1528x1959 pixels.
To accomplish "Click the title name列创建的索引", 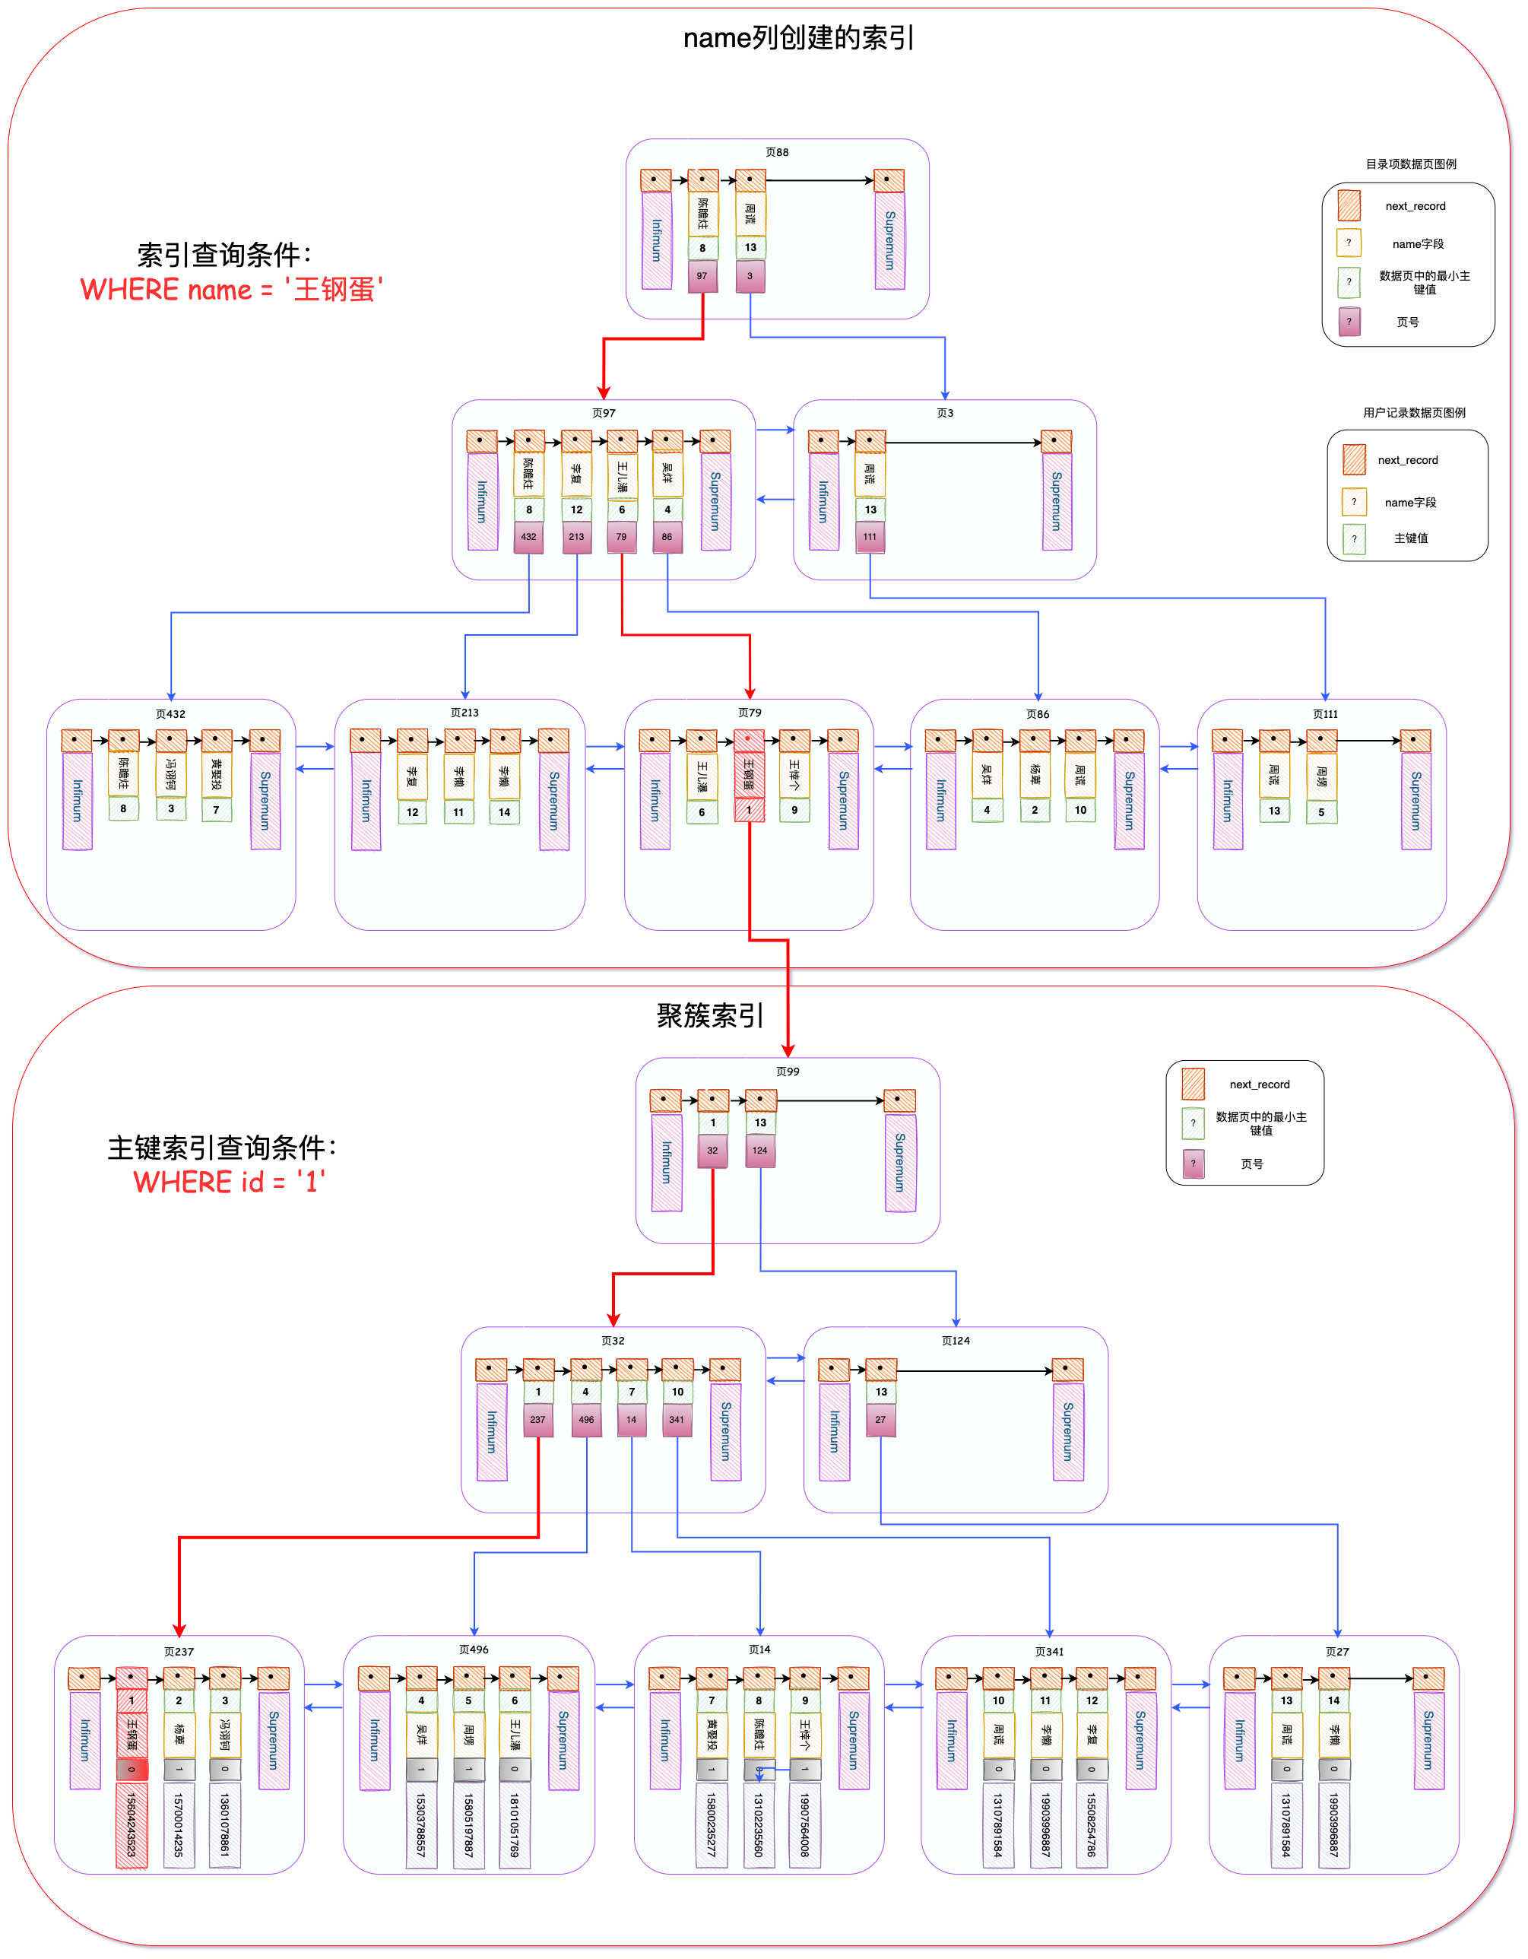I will click(x=798, y=38).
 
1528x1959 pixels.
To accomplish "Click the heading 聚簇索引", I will click(x=709, y=1015).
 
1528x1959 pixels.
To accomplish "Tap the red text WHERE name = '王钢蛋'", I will click(x=231, y=290).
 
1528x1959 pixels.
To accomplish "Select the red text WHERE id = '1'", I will click(x=229, y=1181).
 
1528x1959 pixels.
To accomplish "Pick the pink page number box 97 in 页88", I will click(x=702, y=276).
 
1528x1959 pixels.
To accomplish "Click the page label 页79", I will click(x=750, y=713).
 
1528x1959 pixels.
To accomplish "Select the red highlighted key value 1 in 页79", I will click(x=749, y=810).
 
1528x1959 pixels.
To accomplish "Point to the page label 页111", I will click(x=1324, y=714).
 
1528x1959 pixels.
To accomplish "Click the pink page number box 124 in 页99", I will click(x=759, y=1151).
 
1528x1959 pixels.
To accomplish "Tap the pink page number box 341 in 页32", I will click(x=676, y=1420).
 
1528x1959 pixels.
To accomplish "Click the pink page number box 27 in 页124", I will click(x=880, y=1420).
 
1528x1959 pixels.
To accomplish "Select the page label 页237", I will click(x=179, y=1651).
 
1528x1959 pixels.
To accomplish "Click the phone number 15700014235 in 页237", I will click(x=179, y=1825).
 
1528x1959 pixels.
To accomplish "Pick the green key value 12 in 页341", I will click(x=1092, y=1700).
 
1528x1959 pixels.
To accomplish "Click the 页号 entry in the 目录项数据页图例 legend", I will click(x=1407, y=322).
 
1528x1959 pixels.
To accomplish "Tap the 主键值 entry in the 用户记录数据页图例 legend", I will click(x=1410, y=538).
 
